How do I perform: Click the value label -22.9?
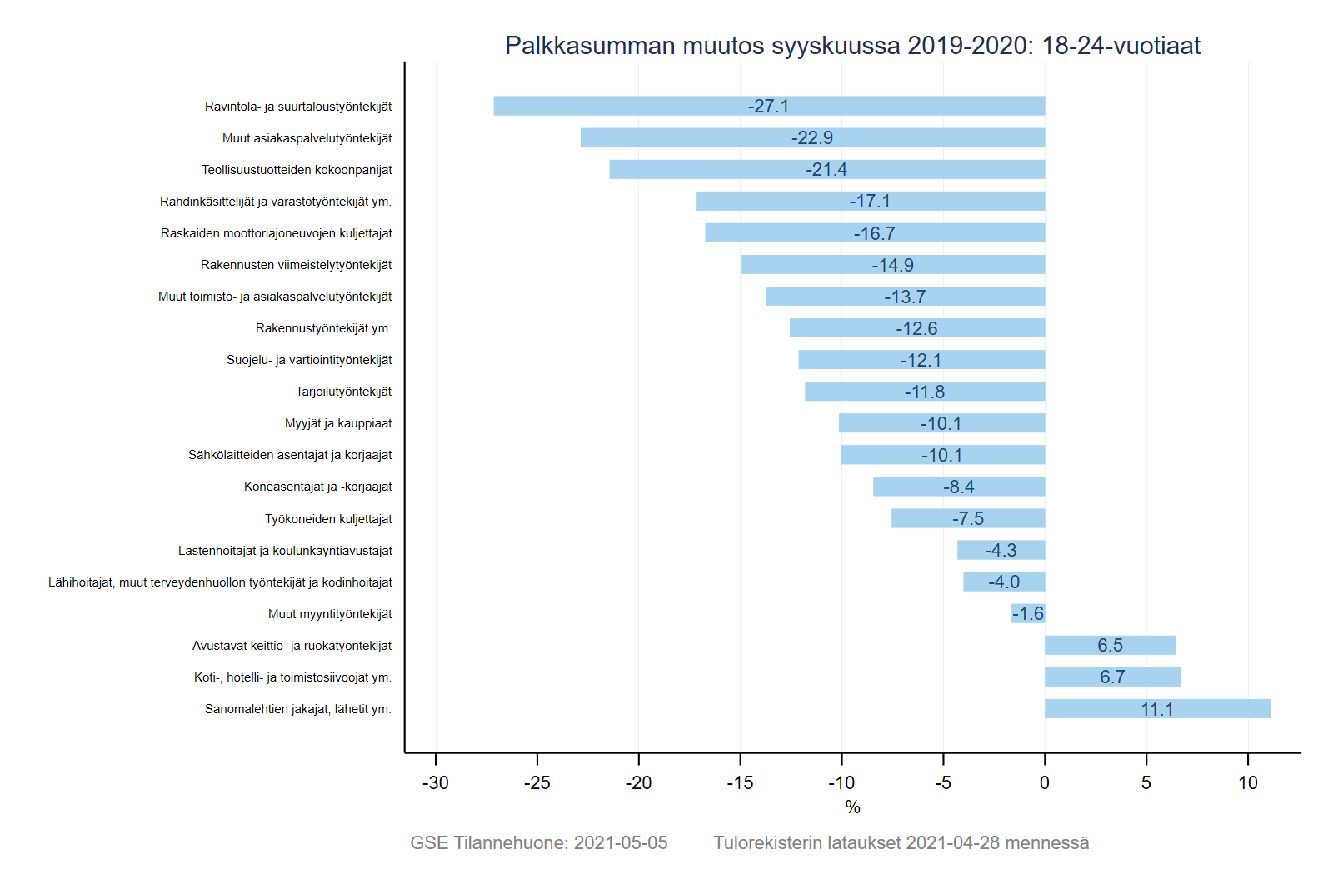pos(812,138)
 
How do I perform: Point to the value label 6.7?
pos(1112,677)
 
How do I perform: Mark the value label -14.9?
pos(893,265)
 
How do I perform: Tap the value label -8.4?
pos(959,487)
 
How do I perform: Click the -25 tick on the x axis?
pos(537,783)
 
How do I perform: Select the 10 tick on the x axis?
pos(1247,783)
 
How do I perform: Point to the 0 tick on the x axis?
pos(1045,783)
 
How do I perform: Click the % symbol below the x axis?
pos(852,807)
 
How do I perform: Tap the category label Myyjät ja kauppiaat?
pos(338,423)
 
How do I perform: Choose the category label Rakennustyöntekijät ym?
pos(323,328)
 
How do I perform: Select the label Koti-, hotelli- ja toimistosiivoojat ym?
pos(292,677)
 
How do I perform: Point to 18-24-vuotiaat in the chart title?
pos(1121,46)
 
